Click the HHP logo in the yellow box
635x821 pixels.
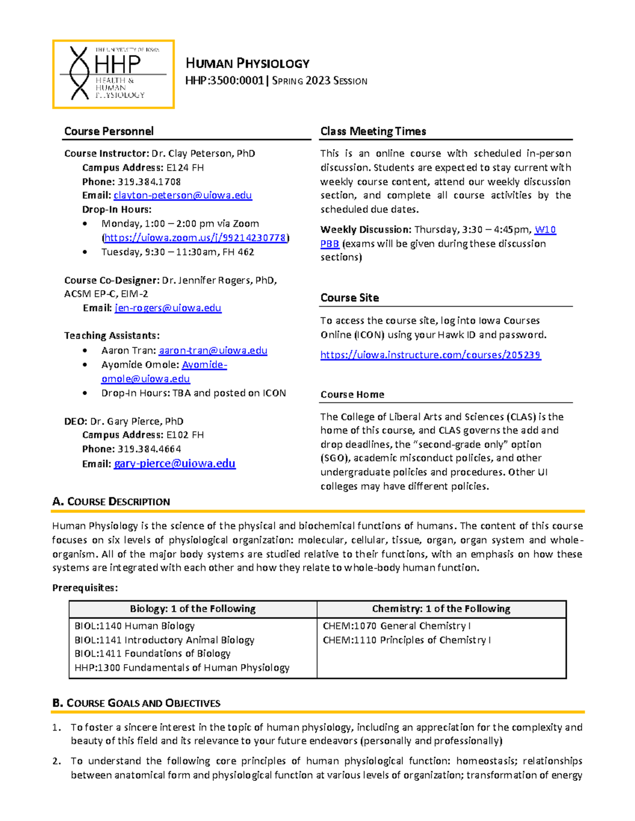pyautogui.click(x=113, y=74)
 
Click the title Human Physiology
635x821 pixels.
pyautogui.click(x=247, y=63)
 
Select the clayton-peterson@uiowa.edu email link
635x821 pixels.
pyautogui.click(x=183, y=196)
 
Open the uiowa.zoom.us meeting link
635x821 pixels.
pyautogui.click(x=195, y=238)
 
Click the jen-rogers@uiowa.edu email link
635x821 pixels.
pyautogui.click(x=168, y=308)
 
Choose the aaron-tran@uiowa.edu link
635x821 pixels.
pyautogui.click(x=213, y=350)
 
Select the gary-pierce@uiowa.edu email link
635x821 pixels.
pyautogui.click(x=175, y=464)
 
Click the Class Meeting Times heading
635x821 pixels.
pyautogui.click(x=373, y=131)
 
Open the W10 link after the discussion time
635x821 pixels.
pyautogui.click(x=545, y=229)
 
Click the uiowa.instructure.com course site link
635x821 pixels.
pyautogui.click(x=430, y=355)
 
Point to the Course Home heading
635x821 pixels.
pyautogui.click(x=352, y=394)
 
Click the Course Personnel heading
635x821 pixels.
pyautogui.click(x=109, y=131)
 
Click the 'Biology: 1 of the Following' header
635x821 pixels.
pyautogui.click(x=193, y=608)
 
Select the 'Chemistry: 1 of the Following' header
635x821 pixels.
pyautogui.click(x=441, y=608)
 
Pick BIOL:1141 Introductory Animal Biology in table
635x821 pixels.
pyautogui.click(x=165, y=640)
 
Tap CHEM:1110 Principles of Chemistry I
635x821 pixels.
pyautogui.click(x=406, y=640)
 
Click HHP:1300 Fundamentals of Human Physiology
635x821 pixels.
pyautogui.click(x=182, y=668)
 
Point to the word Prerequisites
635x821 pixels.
pyautogui.click(x=85, y=588)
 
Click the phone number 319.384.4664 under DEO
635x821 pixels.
pyautogui.click(x=149, y=449)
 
